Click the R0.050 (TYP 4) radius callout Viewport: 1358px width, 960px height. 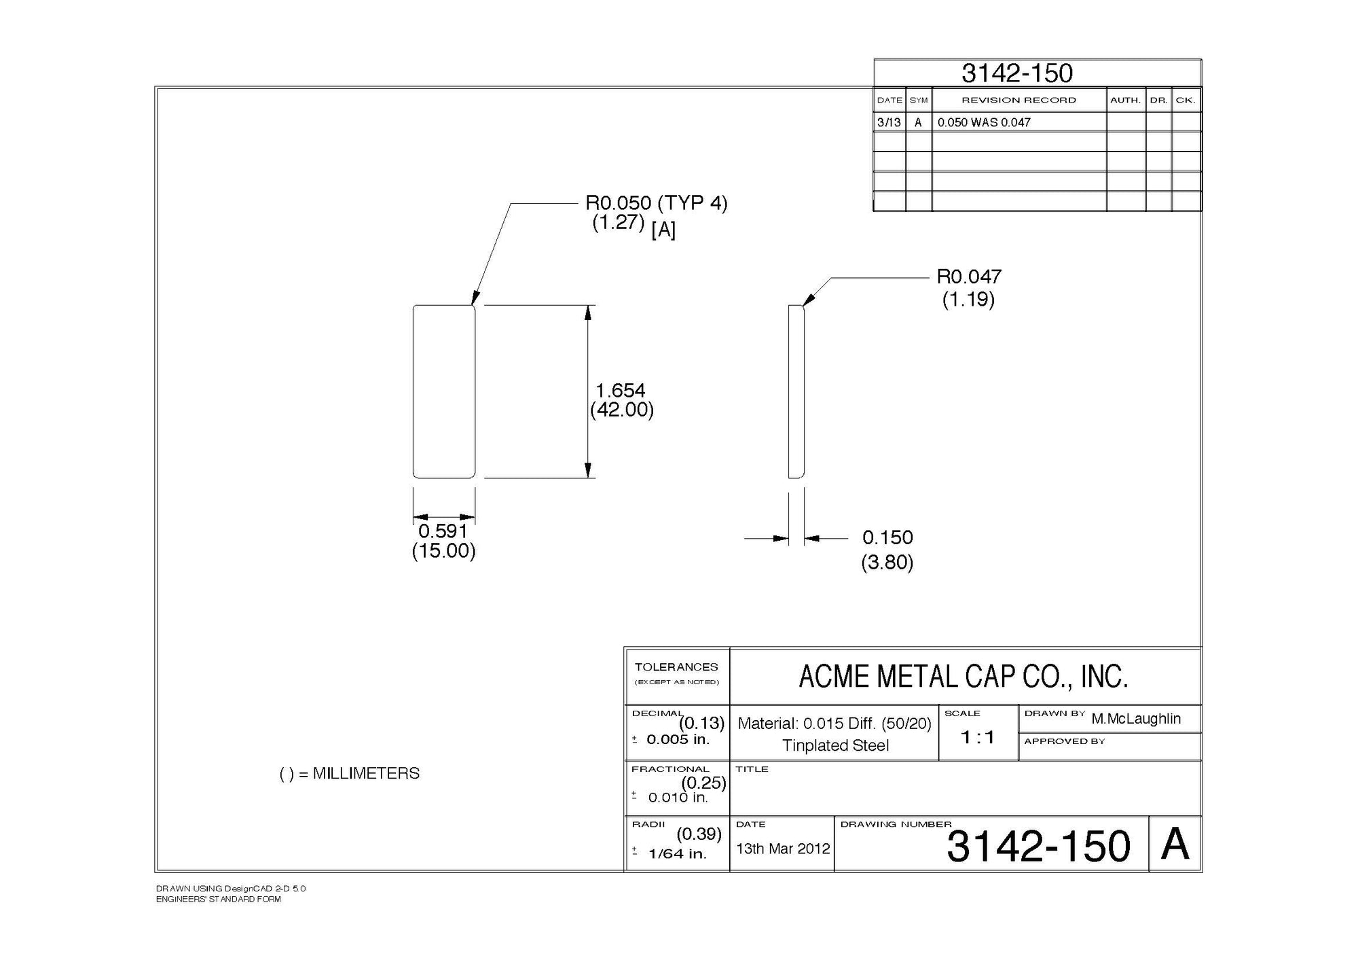[656, 203]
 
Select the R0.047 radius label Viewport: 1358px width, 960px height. [969, 277]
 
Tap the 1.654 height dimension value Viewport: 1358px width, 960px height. [620, 391]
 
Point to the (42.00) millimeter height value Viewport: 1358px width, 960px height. [621, 410]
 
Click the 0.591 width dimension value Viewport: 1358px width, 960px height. [443, 531]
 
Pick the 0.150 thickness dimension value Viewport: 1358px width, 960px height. [887, 537]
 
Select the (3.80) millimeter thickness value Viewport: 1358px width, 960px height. [887, 563]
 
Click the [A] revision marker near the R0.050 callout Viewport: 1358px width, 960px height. [663, 230]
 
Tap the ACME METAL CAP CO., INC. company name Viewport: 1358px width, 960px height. [963, 677]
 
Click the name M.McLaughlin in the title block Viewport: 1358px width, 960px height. [1136, 719]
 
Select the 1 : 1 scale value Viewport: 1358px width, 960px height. [978, 737]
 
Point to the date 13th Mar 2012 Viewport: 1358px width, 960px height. [783, 849]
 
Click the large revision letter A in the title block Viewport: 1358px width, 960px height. [1175, 845]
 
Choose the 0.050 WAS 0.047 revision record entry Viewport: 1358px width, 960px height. [984, 122]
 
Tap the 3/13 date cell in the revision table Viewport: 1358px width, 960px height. [889, 122]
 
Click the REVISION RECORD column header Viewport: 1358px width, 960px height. [1019, 100]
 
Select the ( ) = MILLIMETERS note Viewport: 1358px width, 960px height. [350, 773]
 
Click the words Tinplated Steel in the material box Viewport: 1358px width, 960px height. [835, 745]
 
